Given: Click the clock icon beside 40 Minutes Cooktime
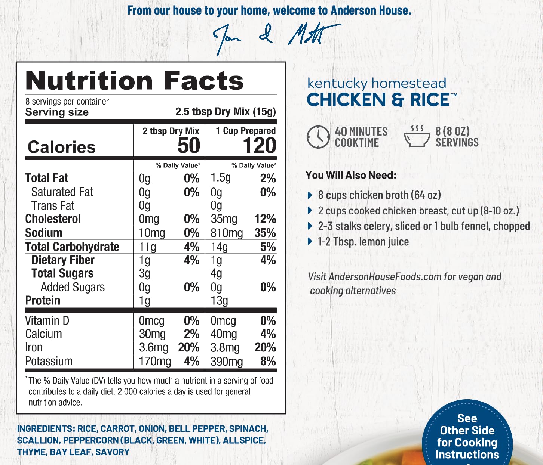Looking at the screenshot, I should (318, 137).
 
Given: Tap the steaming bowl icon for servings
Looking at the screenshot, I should (417, 137).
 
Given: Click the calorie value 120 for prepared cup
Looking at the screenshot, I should (260, 145).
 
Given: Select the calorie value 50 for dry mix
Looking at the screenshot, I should (189, 145).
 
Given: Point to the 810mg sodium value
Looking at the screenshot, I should (227, 233).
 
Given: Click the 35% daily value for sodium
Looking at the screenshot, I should (265, 233).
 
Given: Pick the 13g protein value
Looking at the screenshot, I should (219, 301).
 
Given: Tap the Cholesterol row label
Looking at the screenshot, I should (53, 219).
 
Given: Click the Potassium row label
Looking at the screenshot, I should (49, 362).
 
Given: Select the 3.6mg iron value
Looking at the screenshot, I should (153, 348).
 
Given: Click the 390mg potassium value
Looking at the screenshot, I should (227, 362).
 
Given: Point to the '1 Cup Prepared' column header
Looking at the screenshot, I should (246, 131).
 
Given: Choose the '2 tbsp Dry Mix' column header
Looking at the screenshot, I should (171, 131).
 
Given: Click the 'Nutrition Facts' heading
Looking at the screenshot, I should (135, 81).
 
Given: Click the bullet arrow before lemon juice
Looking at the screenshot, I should (310, 242).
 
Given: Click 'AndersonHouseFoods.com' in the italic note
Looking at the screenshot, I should (385, 277).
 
